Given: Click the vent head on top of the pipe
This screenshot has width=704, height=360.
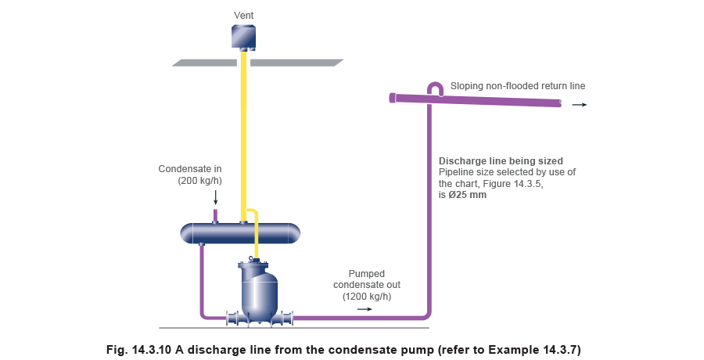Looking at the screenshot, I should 243,37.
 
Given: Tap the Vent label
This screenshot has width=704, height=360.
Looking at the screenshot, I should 243,16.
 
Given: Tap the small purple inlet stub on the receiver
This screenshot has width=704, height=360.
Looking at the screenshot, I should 216,214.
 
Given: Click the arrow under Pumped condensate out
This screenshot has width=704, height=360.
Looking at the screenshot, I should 365,309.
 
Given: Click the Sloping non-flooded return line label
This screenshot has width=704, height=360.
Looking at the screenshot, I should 517,85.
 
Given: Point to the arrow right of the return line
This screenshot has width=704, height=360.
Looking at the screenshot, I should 579,104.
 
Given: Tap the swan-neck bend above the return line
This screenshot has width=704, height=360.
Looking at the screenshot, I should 435,88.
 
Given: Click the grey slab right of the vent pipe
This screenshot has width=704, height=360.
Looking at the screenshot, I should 296,63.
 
